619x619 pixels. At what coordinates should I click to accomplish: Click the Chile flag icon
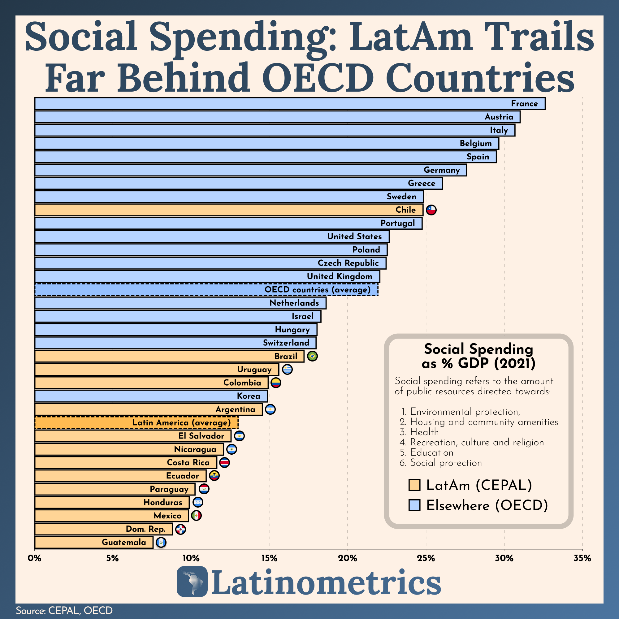click(x=431, y=210)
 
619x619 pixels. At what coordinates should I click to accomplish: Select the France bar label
click(x=524, y=103)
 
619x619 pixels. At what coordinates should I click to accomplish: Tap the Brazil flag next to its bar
click(x=312, y=356)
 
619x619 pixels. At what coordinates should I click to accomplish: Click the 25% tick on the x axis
click(x=426, y=558)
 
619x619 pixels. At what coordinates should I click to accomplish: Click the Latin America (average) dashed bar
click(x=136, y=422)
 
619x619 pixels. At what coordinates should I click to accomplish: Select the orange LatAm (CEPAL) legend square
click(x=414, y=485)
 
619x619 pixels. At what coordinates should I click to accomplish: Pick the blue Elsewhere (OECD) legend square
click(x=414, y=505)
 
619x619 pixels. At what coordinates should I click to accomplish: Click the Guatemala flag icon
click(x=161, y=542)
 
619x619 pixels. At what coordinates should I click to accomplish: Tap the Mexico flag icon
click(x=196, y=516)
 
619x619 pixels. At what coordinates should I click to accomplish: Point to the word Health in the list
click(x=424, y=432)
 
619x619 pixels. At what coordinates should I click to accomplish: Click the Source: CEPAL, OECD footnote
click(x=64, y=610)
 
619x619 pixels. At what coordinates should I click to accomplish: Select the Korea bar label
click(x=248, y=396)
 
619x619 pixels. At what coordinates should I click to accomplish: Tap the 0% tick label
click(x=35, y=558)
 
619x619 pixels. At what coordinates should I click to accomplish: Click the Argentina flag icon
click(x=270, y=409)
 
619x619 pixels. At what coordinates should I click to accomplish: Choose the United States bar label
click(x=354, y=236)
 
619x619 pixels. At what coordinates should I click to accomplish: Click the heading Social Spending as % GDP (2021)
click(x=478, y=356)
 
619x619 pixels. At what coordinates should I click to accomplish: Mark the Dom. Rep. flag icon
click(x=181, y=529)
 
